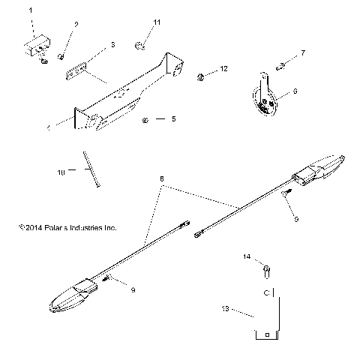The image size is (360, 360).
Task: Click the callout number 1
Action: [x=31, y=10]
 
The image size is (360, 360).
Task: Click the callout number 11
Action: [x=156, y=23]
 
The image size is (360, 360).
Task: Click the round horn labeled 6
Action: [x=261, y=100]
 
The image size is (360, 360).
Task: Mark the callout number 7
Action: [x=303, y=52]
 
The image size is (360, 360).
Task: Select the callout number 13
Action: [x=225, y=307]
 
